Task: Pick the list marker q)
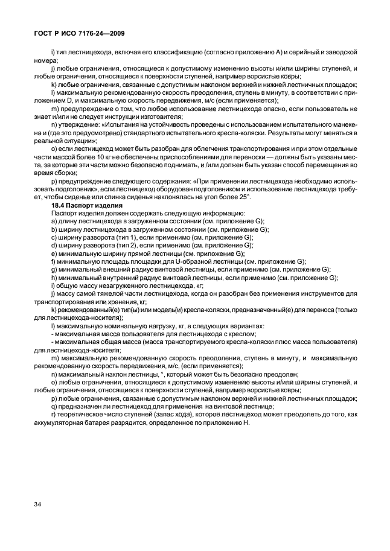55,407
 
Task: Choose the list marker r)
54,415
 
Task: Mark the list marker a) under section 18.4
55,221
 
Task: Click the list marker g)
55,269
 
